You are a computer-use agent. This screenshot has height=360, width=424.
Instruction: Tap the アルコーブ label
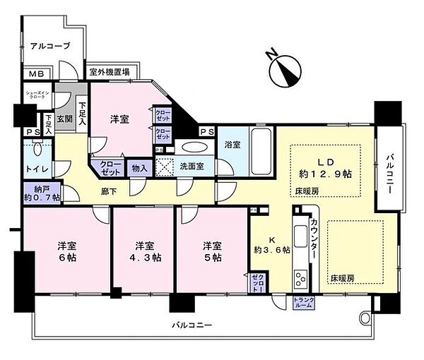tap(49, 47)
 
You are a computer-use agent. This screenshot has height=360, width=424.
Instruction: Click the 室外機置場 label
tap(110, 71)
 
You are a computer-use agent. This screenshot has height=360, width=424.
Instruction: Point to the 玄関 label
tap(64, 119)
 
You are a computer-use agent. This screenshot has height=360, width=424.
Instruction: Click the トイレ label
tap(35, 170)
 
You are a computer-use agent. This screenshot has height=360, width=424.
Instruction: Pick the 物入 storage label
tap(139, 169)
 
